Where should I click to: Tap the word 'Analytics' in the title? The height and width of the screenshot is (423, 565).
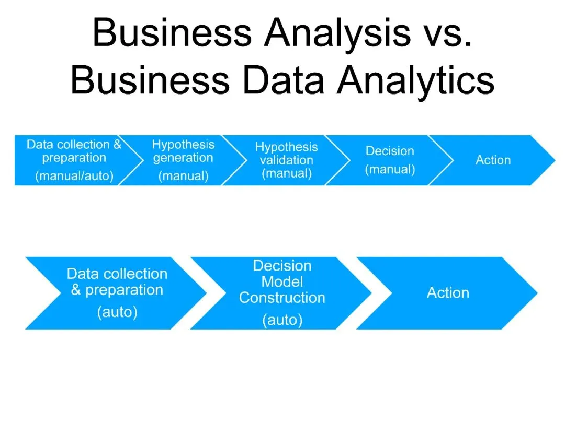[416, 80]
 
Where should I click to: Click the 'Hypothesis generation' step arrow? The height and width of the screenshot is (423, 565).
[183, 160]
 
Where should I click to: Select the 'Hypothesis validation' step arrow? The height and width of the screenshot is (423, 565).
[286, 160]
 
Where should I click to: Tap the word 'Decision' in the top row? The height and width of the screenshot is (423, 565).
[390, 151]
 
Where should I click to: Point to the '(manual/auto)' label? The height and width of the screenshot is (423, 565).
[74, 176]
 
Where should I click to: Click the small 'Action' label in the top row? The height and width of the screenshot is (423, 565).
[493, 160]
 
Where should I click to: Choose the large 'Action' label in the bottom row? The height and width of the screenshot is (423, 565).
[448, 293]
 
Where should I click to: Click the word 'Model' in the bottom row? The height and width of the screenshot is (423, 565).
[282, 282]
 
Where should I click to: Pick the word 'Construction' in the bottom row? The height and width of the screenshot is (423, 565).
[282, 298]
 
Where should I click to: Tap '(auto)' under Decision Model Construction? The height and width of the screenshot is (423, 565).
[282, 320]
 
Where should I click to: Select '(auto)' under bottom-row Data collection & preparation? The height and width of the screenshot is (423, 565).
[117, 312]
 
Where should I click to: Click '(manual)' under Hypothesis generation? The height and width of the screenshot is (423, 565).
[183, 177]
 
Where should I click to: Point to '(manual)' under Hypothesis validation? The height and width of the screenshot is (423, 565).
[286, 173]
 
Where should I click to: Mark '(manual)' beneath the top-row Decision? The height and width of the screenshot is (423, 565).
[390, 169]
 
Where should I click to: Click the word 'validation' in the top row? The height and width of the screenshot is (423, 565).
[286, 160]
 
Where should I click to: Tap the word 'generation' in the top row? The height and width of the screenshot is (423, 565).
[183, 158]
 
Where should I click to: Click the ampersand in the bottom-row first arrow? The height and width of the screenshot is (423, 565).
[76, 290]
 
